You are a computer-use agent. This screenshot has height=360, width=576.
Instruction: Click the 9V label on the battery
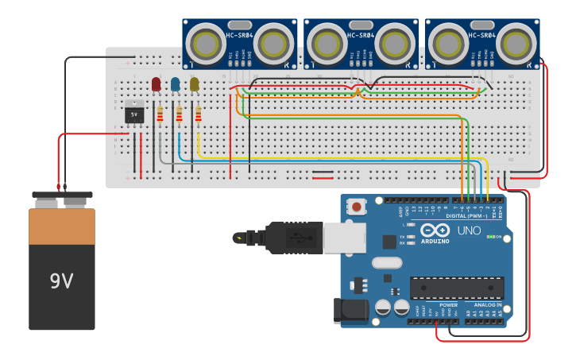61,281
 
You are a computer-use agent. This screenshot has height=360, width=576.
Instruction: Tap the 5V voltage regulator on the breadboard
133,114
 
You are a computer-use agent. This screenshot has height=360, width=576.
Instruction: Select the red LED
156,83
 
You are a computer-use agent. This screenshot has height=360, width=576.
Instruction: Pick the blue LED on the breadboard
175,83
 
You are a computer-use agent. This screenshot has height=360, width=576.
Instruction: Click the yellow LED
194,83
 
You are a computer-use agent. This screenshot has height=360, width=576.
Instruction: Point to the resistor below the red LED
160,114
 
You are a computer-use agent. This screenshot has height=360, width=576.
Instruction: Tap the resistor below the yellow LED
198,114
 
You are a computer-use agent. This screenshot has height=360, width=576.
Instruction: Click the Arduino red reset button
357,207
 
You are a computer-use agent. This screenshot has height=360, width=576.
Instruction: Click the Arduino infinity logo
442,230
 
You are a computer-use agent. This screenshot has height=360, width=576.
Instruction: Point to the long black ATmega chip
457,288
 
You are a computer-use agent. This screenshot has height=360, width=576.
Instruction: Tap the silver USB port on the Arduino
344,238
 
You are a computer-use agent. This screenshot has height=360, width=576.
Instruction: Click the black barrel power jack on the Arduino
353,309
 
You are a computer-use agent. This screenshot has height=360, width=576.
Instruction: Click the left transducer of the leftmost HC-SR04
206,41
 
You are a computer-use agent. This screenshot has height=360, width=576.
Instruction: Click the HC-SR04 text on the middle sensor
361,35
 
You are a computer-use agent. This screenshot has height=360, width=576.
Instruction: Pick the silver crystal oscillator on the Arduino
387,263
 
